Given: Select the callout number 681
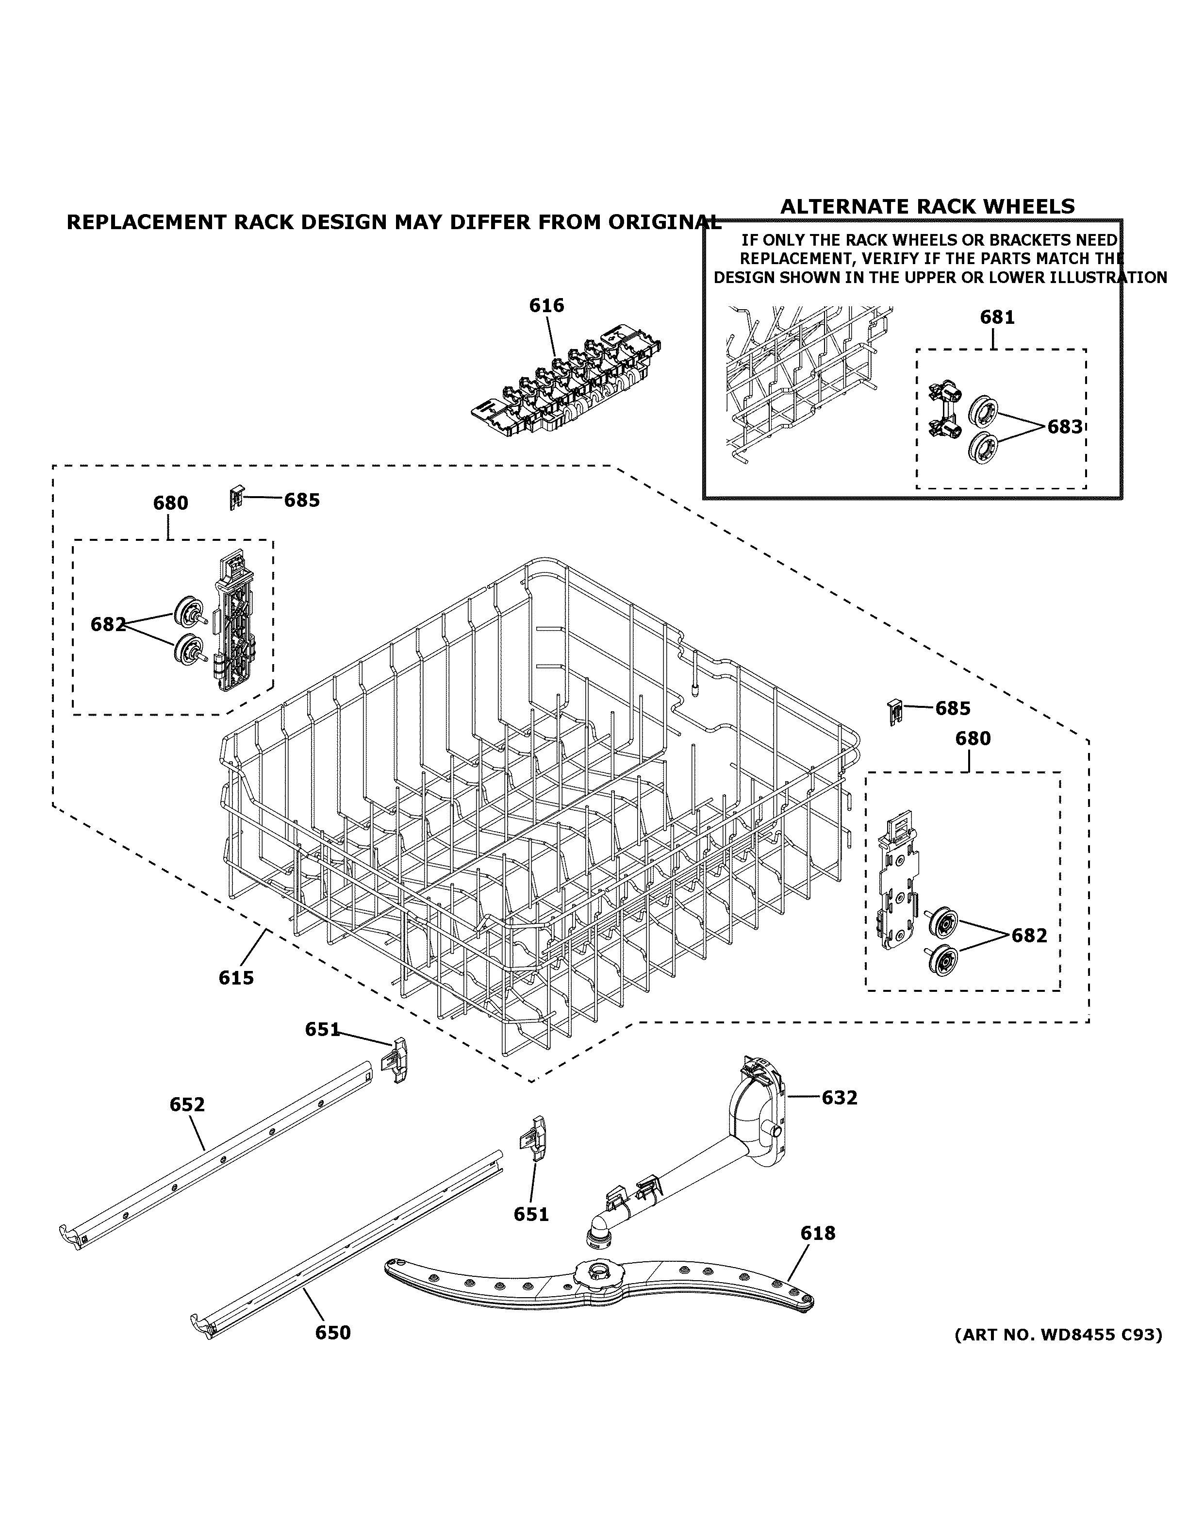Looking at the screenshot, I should tap(997, 318).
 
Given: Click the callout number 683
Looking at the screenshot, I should tap(1064, 427).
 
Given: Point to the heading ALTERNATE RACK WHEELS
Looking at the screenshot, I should tap(927, 206).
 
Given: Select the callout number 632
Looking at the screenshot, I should tap(839, 1098).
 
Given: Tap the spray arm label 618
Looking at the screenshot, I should tap(818, 1233).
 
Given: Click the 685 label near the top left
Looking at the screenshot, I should tap(302, 500).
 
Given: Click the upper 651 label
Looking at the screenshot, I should tap(322, 1030).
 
